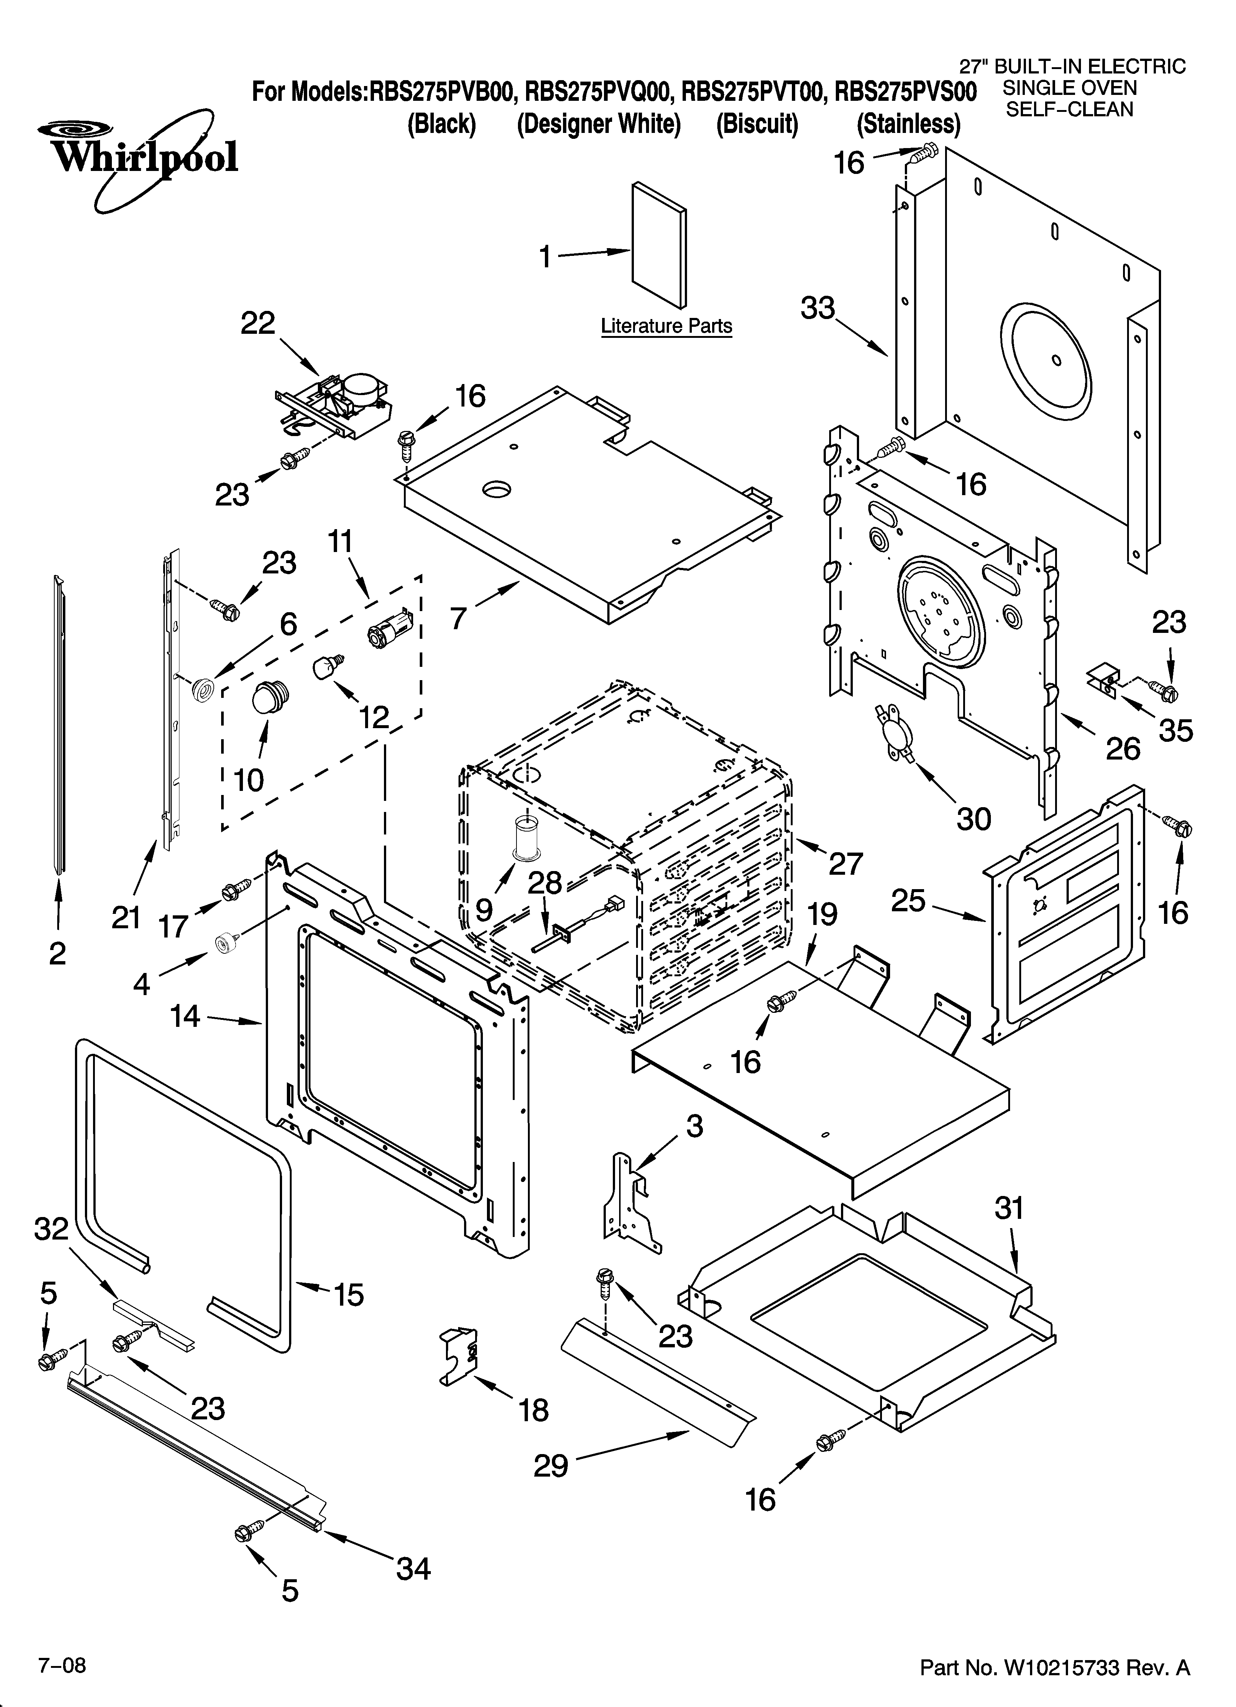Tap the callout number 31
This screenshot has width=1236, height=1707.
tap(1009, 1209)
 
